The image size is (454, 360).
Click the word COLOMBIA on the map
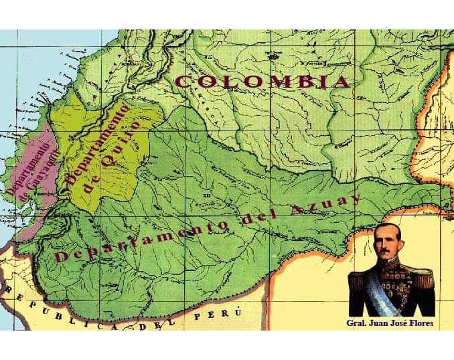pos(262,82)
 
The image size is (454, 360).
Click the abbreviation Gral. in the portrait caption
pos(358,323)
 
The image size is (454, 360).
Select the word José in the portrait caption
pos(396,323)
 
